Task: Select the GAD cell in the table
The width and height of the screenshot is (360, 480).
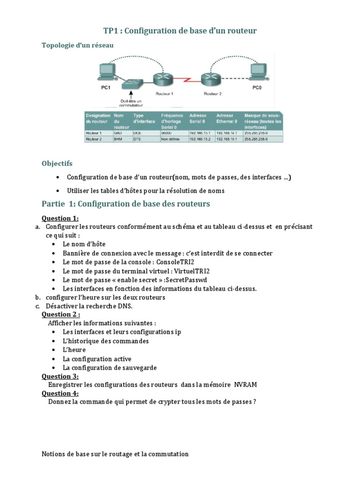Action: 118,133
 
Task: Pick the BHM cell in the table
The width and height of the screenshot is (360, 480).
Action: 118,139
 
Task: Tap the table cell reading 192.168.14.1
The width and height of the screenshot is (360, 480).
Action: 226,133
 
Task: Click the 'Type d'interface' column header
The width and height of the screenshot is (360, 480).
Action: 143,118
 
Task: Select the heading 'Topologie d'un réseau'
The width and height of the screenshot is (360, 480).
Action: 77,45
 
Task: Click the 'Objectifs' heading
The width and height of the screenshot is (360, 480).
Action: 57,164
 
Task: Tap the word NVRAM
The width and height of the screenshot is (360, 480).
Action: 246,385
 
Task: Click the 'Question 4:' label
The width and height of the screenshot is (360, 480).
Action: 60,393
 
